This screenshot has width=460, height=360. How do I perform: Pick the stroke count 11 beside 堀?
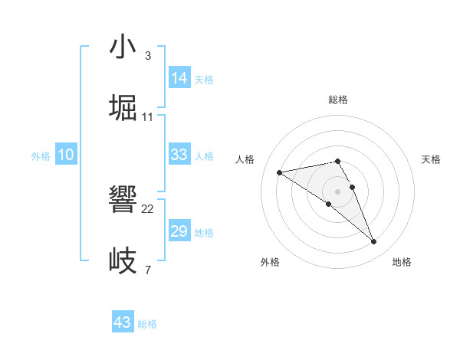pos(148,116)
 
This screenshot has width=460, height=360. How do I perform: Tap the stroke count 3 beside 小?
pos(148,56)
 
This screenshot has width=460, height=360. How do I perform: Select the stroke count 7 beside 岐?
pos(148,270)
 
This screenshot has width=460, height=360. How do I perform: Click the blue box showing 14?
pos(179,77)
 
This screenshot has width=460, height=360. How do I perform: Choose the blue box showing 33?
pos(179,155)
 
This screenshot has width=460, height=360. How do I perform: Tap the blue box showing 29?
pos(179,231)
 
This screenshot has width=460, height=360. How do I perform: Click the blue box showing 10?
pos(66,155)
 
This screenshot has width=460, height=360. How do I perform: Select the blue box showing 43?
pos(123,322)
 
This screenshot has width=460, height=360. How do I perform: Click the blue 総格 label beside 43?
pos(147,324)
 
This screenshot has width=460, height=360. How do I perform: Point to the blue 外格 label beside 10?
pos(41,156)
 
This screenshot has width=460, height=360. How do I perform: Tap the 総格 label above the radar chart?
pos(338,100)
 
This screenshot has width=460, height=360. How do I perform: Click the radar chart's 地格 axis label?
pos(402,262)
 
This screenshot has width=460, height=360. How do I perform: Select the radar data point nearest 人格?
pos(280,172)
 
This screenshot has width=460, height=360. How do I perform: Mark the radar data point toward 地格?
pos(374,242)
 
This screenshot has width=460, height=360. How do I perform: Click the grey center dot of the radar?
pos(338,191)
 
